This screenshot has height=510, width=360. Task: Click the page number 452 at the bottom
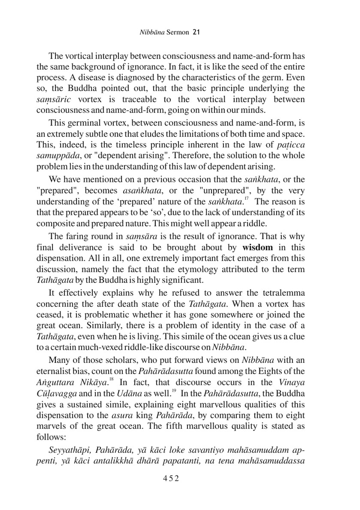[171, 478]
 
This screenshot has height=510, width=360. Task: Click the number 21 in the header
[196, 32]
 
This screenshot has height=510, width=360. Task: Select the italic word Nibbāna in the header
[152, 32]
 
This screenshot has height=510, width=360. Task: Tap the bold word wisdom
[257, 247]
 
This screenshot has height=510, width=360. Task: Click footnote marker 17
[246, 199]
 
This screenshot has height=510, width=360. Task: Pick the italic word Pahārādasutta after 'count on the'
[166, 371]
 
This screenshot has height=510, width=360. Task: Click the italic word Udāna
[126, 393]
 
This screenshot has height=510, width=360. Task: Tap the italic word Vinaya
[292, 382]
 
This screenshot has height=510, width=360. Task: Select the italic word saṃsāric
[54, 100]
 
